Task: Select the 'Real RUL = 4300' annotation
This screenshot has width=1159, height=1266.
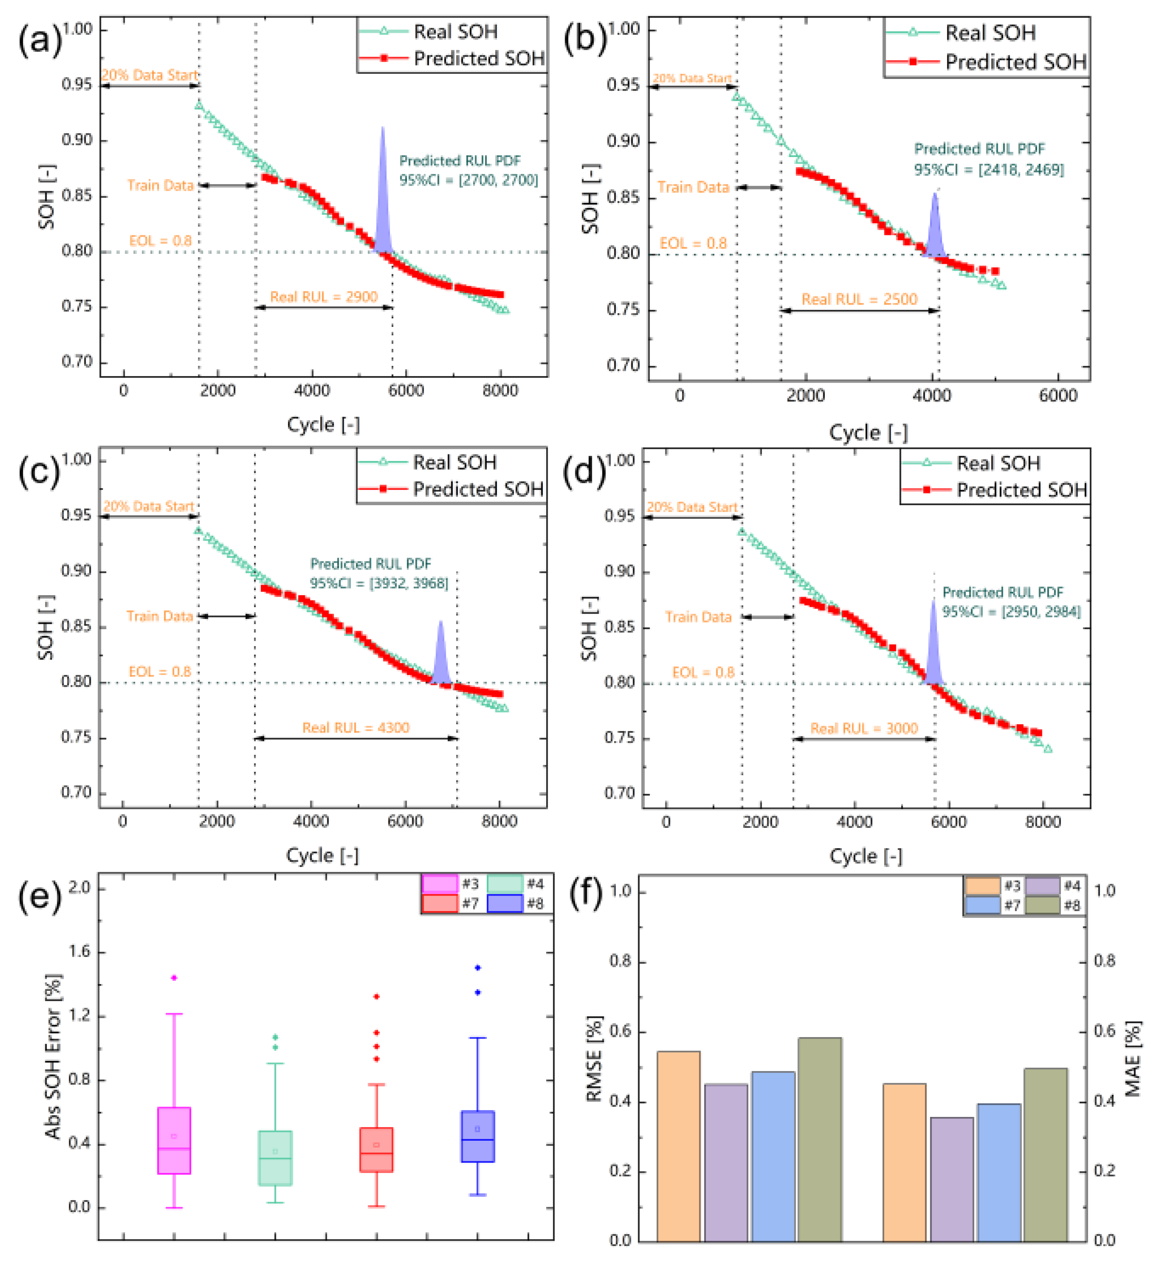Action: click(355, 728)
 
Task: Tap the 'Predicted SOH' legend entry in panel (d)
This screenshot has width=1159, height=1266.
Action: click(994, 490)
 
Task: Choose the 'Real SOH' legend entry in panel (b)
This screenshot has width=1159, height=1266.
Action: click(961, 33)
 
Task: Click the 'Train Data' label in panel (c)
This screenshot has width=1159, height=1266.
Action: click(160, 616)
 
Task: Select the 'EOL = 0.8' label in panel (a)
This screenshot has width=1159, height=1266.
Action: click(160, 241)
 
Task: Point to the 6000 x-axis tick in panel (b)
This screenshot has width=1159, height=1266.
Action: click(1058, 396)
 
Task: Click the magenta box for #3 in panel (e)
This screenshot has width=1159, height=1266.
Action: click(174, 1140)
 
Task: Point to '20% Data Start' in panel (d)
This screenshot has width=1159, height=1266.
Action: click(692, 507)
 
